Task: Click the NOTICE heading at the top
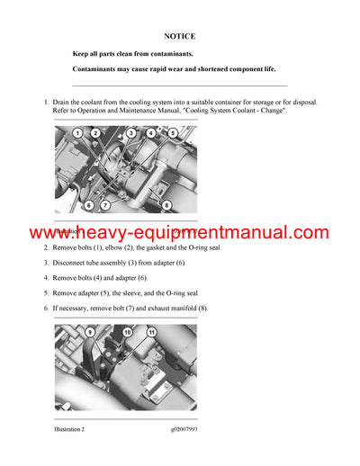coord(180,37)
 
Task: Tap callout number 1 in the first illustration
coord(77,133)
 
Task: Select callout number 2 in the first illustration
coord(95,133)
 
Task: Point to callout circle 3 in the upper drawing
coord(131,133)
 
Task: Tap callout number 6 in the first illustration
coord(88,204)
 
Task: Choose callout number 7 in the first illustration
coord(106,204)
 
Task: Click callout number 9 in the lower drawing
coord(89,334)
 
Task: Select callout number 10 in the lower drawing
coord(128,334)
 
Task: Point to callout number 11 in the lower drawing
coord(151,334)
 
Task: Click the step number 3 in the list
coord(47,263)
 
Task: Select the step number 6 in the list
coord(47,309)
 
